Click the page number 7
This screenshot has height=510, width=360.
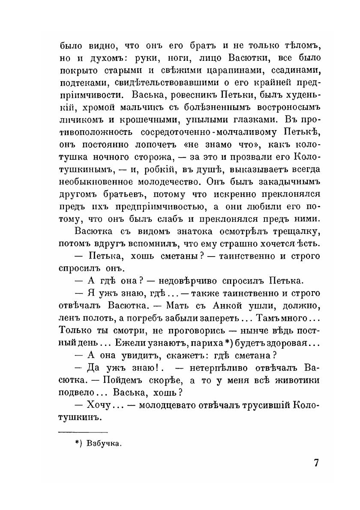coord(316,463)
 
